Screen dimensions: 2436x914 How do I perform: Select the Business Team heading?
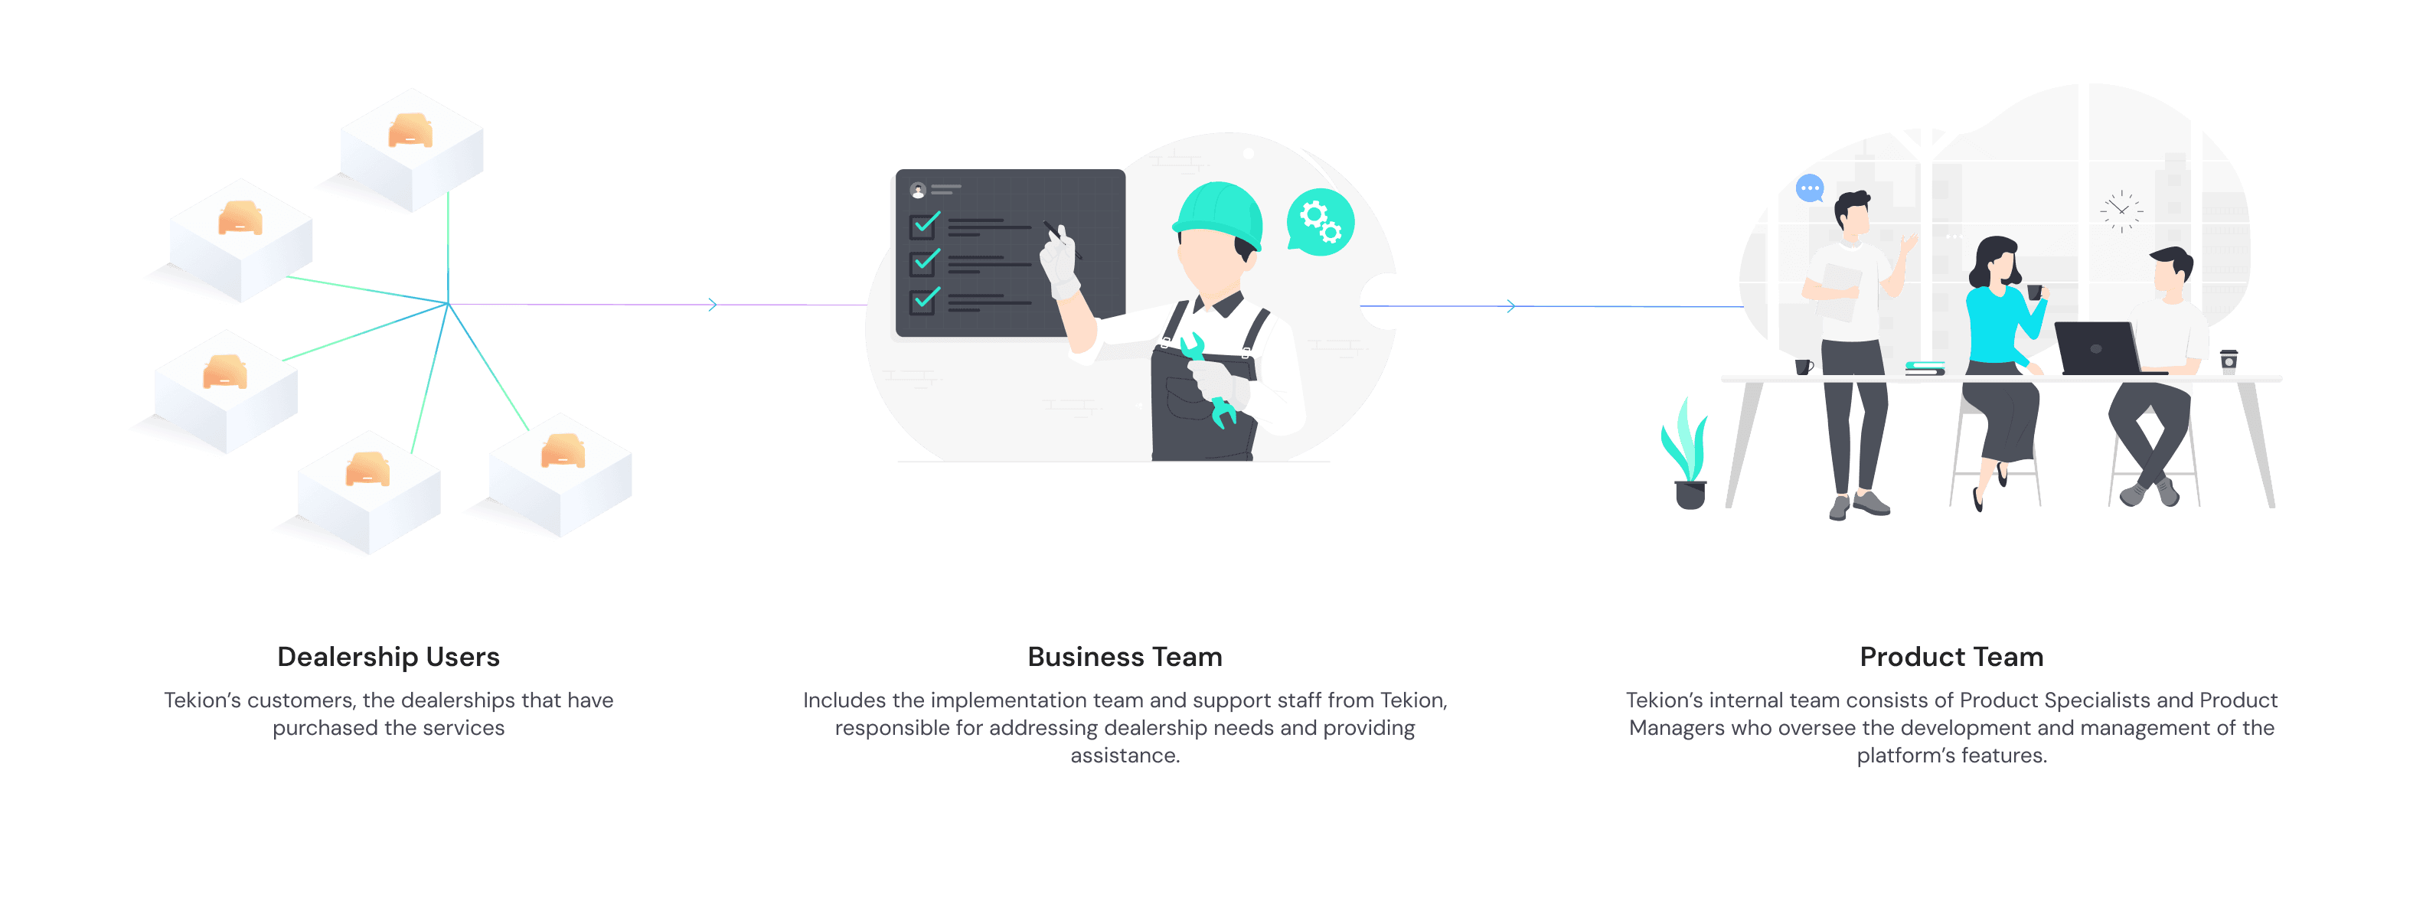[1125, 657]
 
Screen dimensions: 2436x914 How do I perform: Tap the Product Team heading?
[1951, 657]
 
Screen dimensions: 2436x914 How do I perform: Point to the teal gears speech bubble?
[1319, 223]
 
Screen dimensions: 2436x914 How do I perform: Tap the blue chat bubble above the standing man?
[1809, 189]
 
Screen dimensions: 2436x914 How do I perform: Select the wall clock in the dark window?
[2121, 211]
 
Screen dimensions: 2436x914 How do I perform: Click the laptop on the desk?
[2097, 348]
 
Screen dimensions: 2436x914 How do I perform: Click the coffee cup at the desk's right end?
[2229, 362]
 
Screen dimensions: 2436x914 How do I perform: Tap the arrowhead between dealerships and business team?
[712, 305]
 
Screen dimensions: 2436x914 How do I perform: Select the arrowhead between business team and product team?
[1510, 306]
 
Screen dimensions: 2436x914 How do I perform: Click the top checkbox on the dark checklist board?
[923, 226]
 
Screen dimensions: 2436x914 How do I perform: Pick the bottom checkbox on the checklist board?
[923, 301]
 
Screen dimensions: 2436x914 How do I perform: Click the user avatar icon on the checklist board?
[917, 191]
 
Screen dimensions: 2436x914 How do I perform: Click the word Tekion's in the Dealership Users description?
[201, 700]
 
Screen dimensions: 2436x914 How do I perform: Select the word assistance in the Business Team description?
[1125, 756]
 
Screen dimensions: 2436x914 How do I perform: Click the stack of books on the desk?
[1925, 367]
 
